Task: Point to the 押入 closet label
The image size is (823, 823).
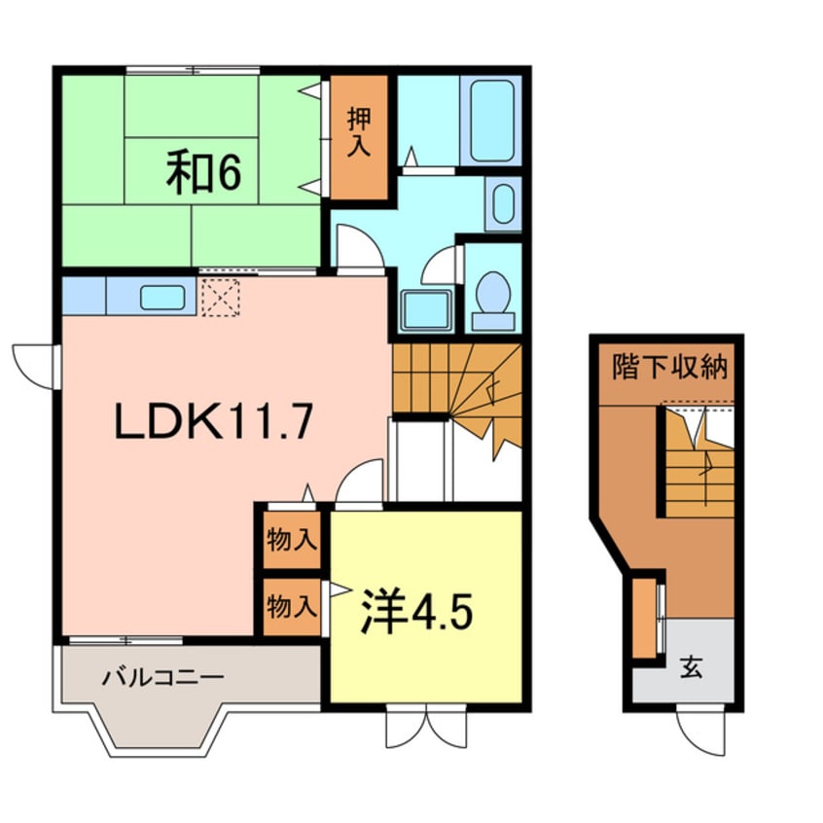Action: point(359,134)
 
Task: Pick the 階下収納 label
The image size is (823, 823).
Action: point(669,367)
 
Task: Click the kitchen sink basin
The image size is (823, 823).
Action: point(162,297)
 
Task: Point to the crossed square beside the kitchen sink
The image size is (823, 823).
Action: point(219,297)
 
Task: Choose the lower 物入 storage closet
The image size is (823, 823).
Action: point(292,607)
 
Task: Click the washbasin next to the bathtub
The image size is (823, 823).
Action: point(503,205)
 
